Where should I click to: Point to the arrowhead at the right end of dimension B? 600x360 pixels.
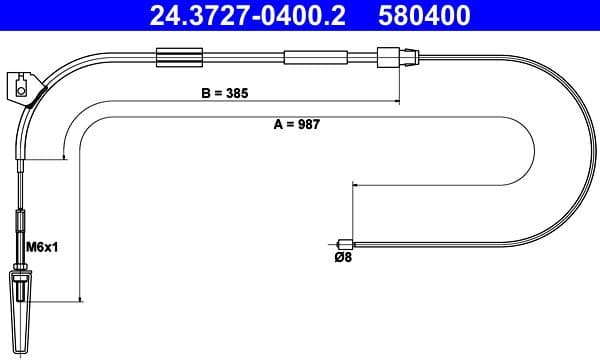tap(398, 100)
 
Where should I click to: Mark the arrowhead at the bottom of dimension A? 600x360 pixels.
tap(78, 297)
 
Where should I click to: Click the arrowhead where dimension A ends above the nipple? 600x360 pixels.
tap(352, 185)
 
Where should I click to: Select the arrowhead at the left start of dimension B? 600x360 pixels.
tap(65, 157)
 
